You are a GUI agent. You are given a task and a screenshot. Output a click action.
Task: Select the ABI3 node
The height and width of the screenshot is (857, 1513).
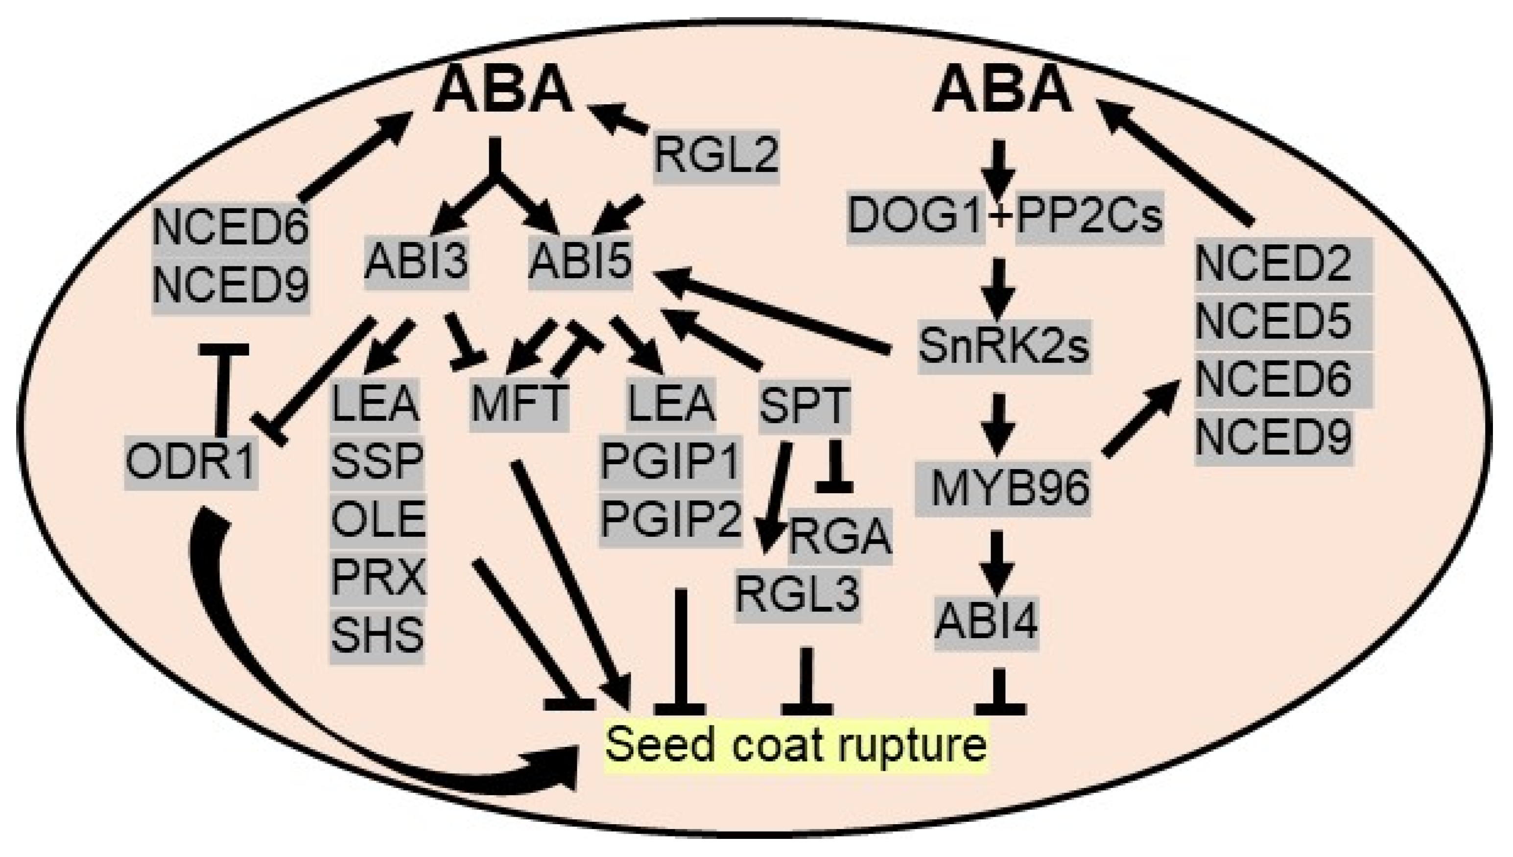coord(416,262)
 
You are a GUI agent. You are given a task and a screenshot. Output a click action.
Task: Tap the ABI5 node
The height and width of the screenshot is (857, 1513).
coord(580,262)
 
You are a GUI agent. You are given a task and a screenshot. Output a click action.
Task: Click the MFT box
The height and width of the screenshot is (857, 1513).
coord(519,405)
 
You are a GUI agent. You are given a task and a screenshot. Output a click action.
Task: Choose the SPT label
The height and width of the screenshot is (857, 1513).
coord(804,406)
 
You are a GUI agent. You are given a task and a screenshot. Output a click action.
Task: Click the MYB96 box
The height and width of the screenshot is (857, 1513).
coord(1003,489)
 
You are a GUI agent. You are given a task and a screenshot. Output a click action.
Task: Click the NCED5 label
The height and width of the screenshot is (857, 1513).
coord(1274,321)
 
